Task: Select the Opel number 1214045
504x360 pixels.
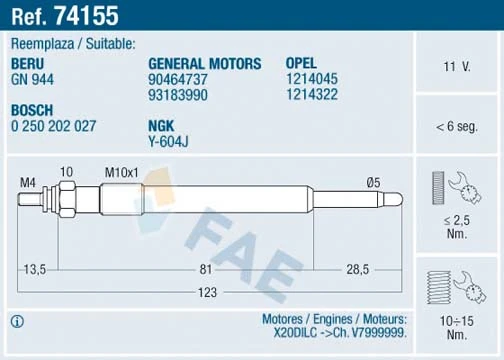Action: point(312,78)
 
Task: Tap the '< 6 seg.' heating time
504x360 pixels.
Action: point(456,127)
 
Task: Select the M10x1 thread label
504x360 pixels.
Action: point(123,172)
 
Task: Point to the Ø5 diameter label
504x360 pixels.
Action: point(373,181)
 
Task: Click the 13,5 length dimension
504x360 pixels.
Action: point(35,269)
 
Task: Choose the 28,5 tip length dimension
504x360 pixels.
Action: point(358,269)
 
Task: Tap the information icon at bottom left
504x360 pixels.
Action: point(16,322)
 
